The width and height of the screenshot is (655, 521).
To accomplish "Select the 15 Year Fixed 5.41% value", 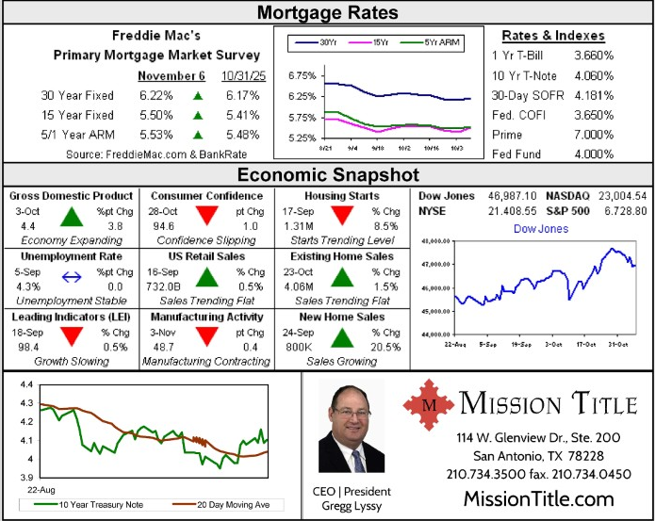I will pyautogui.click(x=242, y=115).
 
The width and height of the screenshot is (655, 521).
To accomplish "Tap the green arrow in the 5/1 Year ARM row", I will pyautogui.click(x=198, y=135).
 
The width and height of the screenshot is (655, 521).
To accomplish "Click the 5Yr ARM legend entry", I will pyautogui.click(x=436, y=42).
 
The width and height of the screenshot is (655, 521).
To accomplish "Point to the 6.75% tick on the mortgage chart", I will pyautogui.click(x=302, y=75).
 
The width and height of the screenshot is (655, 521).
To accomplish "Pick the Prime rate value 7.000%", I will pyautogui.click(x=594, y=135).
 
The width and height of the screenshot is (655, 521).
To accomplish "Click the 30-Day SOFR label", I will pyautogui.click(x=525, y=94).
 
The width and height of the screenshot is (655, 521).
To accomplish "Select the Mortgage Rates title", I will pyautogui.click(x=327, y=12).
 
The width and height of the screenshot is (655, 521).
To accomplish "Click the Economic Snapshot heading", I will pyautogui.click(x=327, y=174).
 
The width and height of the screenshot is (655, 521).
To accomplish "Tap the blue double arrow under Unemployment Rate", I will pyautogui.click(x=72, y=277).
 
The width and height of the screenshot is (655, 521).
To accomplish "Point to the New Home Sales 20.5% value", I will pyautogui.click(x=385, y=347).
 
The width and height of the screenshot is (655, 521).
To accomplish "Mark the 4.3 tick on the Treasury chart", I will pyautogui.click(x=25, y=403).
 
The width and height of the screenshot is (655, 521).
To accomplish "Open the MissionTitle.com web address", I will pyautogui.click(x=538, y=498).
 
